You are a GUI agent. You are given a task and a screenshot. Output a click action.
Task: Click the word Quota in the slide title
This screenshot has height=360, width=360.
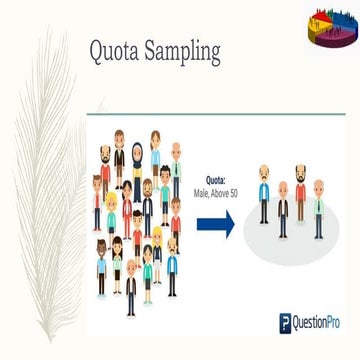point(112,51)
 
